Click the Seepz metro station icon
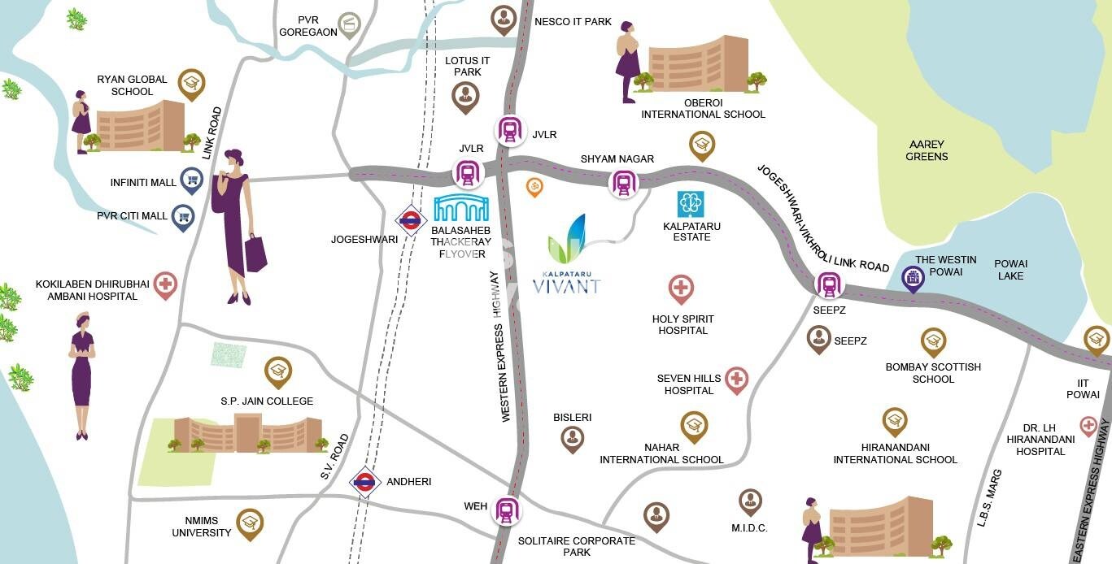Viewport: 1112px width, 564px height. tap(829, 284)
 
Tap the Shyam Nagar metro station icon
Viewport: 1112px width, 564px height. tap(623, 184)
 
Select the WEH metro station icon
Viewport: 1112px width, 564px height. tap(507, 511)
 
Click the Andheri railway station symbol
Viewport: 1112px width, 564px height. tap(365, 483)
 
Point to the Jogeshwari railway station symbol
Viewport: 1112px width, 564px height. tap(411, 219)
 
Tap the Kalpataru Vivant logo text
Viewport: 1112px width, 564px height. tap(566, 285)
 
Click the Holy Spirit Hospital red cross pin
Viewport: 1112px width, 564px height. tap(681, 289)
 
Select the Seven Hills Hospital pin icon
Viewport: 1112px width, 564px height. tap(736, 380)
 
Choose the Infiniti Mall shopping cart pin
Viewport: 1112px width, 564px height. tap(191, 180)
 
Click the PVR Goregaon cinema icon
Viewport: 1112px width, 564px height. tap(350, 24)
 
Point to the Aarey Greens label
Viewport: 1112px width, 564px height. tap(927, 150)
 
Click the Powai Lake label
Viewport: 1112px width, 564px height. tap(1010, 270)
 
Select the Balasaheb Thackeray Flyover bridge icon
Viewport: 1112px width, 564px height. tap(461, 208)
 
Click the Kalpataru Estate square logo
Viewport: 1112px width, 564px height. tap(691, 204)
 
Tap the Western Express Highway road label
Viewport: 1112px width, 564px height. tap(505, 346)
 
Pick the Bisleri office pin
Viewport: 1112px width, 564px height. tap(572, 439)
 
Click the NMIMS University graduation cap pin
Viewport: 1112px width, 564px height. tap(250, 523)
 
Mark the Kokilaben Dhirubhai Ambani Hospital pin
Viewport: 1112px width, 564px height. tap(165, 284)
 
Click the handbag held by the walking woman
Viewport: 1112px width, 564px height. tap(255, 254)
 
